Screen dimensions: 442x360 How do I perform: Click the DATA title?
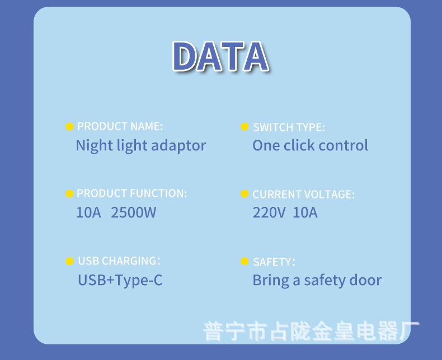220,56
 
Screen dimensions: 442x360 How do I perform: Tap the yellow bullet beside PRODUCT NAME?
69,126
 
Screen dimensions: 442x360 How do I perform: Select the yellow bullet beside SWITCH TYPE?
244,126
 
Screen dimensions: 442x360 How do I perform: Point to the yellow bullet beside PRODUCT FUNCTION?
69,193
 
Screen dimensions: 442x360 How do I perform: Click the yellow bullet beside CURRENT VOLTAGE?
244,193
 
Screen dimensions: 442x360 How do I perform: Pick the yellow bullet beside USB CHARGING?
69,261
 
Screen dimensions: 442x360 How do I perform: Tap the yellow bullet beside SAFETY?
244,261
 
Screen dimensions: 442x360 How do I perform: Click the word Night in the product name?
95,146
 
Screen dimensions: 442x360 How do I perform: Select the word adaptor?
178,146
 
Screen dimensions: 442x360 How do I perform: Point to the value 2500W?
133,212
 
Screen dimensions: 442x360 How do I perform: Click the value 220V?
269,212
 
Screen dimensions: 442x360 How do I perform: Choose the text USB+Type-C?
120,281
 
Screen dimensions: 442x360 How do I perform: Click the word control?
344,145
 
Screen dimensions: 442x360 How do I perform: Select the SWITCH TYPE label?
289,127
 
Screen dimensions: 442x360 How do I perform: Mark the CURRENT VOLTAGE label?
304,195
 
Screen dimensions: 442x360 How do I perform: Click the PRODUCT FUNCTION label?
132,193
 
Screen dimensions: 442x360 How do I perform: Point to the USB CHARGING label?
119,261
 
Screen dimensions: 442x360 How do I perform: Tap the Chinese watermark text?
311,331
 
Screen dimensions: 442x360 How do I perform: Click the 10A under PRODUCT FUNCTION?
88,212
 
